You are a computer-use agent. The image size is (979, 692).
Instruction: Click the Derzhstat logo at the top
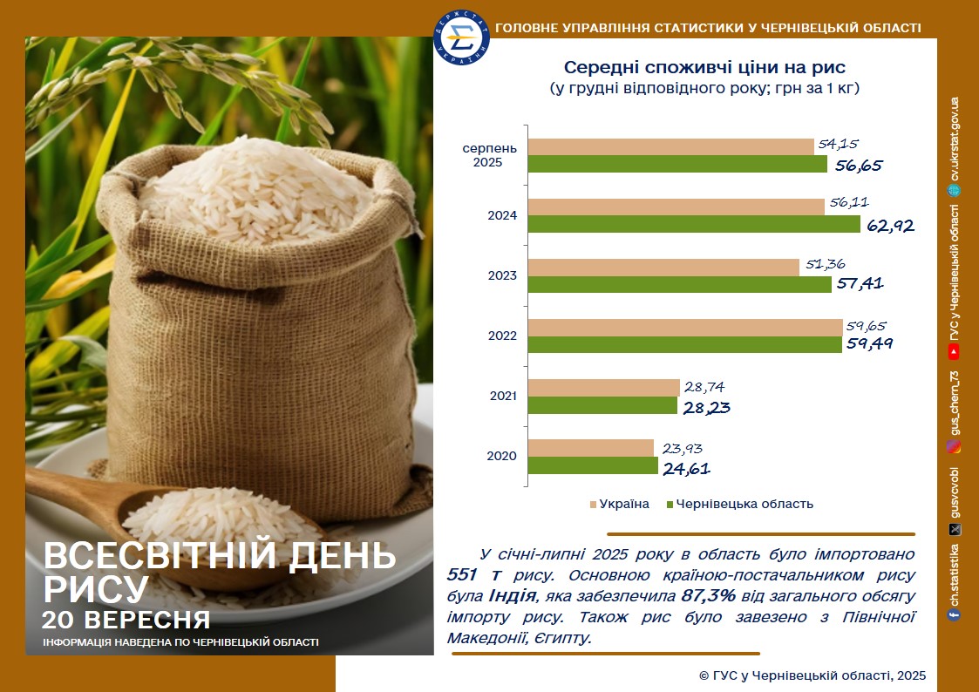point(461,37)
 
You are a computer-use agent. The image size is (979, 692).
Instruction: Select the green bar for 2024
point(694,224)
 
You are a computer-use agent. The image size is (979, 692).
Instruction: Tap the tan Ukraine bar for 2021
point(604,388)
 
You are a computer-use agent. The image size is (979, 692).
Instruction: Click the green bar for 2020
point(593,465)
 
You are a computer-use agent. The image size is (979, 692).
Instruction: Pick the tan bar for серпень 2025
point(671,146)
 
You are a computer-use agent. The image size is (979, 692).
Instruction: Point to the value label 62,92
point(890,226)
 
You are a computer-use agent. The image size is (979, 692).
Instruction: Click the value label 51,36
point(826,264)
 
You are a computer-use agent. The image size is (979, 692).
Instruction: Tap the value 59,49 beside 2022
point(869,343)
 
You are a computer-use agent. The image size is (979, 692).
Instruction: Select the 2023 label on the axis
point(503,275)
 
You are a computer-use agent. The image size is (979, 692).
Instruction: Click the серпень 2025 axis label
point(490,155)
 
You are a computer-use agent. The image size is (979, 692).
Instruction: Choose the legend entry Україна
point(619,504)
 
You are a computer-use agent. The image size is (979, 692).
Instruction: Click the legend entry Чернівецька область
point(740,504)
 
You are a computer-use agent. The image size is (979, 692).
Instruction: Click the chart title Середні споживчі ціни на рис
point(704,67)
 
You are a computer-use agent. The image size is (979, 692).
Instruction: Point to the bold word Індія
point(512,595)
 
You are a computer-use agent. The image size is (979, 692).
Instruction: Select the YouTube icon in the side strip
point(954,353)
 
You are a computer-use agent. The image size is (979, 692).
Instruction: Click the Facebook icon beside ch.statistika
point(954,614)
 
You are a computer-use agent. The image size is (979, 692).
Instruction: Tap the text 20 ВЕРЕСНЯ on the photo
point(126,620)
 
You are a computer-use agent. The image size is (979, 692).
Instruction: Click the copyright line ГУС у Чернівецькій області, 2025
point(812,675)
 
